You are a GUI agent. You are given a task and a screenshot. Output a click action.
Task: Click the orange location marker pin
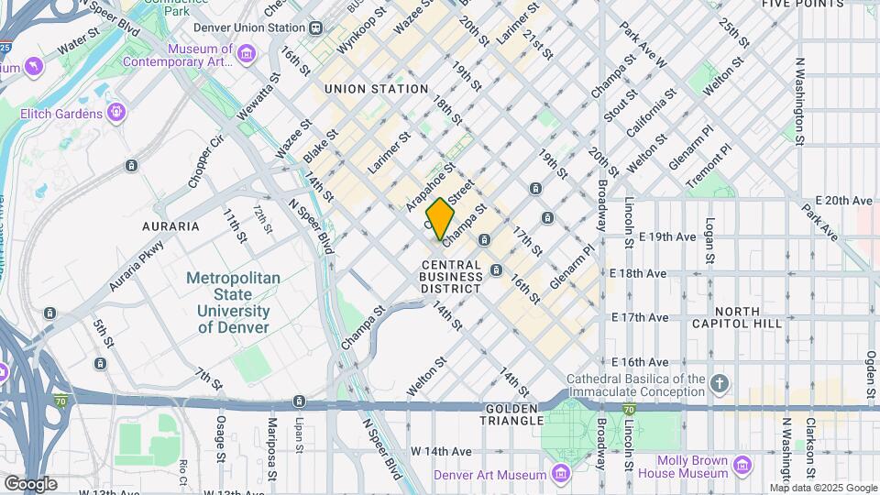coord(441,219)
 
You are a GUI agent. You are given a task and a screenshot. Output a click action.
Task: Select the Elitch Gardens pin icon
coord(116,113)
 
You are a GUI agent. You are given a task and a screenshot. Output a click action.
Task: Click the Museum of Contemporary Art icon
coord(246,55)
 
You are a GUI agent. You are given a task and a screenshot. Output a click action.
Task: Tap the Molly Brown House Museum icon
coord(743,467)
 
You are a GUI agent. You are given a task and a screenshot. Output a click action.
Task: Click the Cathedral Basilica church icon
coord(720,384)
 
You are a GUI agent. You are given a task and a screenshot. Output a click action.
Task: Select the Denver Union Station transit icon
coord(315,27)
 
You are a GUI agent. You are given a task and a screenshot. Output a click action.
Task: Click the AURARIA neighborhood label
coord(170,225)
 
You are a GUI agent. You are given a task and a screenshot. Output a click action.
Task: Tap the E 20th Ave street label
coord(843,200)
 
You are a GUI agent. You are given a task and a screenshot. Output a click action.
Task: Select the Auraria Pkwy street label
coord(137,267)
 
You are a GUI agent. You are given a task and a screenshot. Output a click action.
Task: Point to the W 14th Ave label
coord(441,451)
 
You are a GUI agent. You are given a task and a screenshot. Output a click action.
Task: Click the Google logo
coord(29,483)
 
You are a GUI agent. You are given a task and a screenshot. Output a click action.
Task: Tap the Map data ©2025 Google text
coord(822,489)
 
